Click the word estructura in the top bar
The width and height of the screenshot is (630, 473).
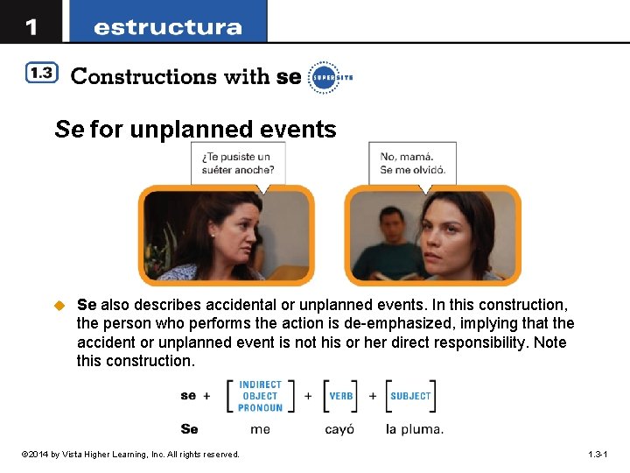[167, 27]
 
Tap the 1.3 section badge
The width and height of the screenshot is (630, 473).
[41, 74]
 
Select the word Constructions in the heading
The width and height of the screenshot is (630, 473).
[143, 76]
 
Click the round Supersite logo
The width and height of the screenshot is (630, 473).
[323, 76]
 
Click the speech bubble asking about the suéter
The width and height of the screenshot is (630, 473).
[238, 163]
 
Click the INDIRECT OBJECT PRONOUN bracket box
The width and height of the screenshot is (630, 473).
[260, 396]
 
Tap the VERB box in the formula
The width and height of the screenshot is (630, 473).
[340, 396]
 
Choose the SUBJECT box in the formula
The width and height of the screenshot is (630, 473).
[410, 396]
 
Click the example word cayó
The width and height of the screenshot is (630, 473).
[339, 429]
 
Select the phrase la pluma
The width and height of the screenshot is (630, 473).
[414, 429]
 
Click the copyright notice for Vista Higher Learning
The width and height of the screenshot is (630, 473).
[131, 455]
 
